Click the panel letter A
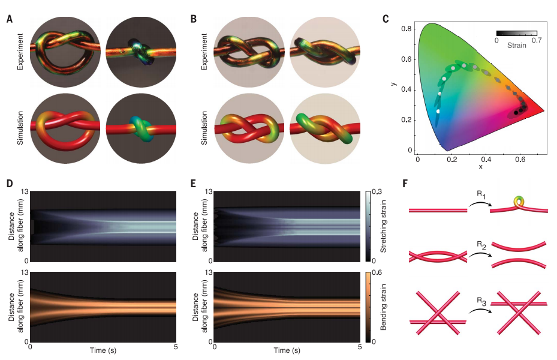click(x=9, y=19)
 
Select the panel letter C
click(x=386, y=19)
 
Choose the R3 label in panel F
click(x=472, y=294)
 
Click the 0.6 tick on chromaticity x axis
click(x=520, y=160)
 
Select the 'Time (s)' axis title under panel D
click(x=103, y=350)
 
